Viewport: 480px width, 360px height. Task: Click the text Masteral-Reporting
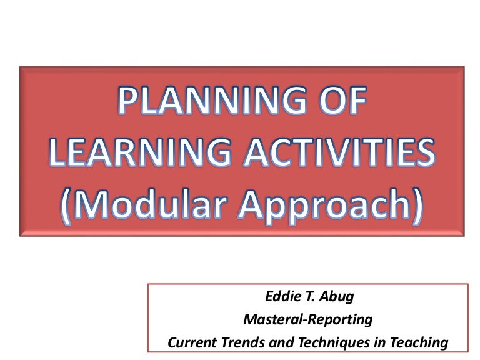(307, 320)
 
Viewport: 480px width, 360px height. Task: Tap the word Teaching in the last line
(419, 342)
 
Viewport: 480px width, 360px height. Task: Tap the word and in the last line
(273, 342)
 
